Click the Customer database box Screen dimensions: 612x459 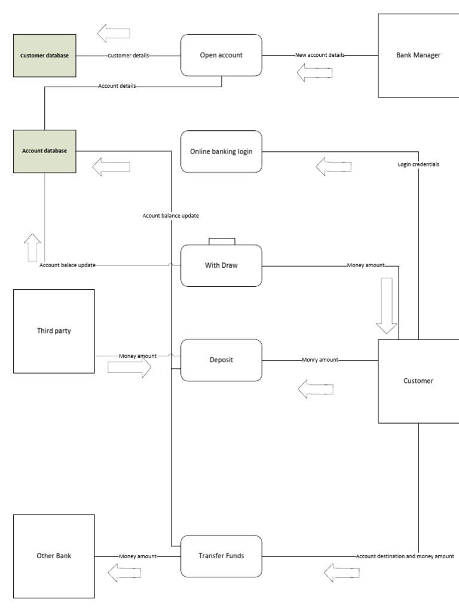pyautogui.click(x=45, y=56)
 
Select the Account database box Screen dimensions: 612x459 pyautogui.click(x=45, y=151)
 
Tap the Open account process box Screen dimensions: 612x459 pyautogui.click(x=221, y=55)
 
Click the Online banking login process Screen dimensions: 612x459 pyautogui.click(x=221, y=152)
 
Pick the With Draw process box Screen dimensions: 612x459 pyautogui.click(x=221, y=265)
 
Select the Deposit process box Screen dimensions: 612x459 pyautogui.click(x=221, y=360)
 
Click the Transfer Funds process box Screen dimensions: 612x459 pyautogui.click(x=221, y=556)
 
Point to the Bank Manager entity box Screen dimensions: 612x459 pyautogui.click(x=418, y=55)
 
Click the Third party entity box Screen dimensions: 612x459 pyautogui.click(x=54, y=331)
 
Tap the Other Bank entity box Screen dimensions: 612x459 pyautogui.click(x=54, y=556)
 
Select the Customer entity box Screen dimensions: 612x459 pyautogui.click(x=418, y=381)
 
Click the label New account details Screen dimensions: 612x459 pyautogui.click(x=320, y=55)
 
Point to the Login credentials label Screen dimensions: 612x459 pyautogui.click(x=418, y=164)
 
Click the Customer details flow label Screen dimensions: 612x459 pyautogui.click(x=128, y=56)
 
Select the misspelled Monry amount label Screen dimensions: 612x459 pyautogui.click(x=320, y=360)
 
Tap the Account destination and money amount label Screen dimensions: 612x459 pyautogui.click(x=405, y=556)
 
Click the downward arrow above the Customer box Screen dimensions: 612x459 pyautogui.click(x=386, y=305)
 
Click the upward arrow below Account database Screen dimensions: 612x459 pyautogui.click(x=32, y=247)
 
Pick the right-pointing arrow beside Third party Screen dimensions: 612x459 pyautogui.click(x=129, y=368)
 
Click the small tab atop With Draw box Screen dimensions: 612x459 pyautogui.click(x=222, y=241)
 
